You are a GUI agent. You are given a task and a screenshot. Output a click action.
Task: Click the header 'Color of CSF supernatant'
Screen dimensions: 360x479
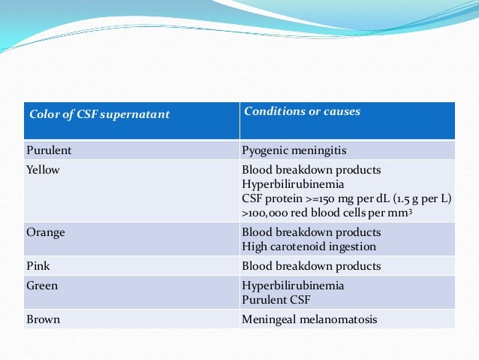click(99, 115)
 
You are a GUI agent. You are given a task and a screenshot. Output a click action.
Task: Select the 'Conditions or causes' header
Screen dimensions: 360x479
click(302, 112)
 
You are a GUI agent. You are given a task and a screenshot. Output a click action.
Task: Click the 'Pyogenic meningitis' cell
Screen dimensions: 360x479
click(292, 150)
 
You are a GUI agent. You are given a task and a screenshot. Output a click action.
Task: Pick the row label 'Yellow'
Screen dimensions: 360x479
click(44, 170)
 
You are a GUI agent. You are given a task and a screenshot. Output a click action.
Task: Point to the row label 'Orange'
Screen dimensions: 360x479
click(46, 232)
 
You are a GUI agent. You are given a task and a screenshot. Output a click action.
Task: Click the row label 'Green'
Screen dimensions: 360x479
click(43, 286)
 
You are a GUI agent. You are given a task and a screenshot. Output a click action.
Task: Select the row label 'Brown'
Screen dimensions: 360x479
click(44, 319)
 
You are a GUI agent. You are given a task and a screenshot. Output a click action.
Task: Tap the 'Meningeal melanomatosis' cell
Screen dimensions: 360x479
click(309, 319)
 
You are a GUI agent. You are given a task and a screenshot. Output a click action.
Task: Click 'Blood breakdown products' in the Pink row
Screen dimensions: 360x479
click(311, 265)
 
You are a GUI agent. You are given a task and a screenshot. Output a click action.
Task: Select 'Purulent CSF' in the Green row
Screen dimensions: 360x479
click(275, 300)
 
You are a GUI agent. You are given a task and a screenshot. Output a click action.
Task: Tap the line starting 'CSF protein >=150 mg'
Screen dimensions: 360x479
click(346, 198)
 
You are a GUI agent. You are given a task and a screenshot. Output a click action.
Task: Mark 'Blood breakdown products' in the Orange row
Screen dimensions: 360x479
click(311, 232)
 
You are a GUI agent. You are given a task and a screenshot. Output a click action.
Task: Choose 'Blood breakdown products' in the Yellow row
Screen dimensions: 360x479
click(311, 170)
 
